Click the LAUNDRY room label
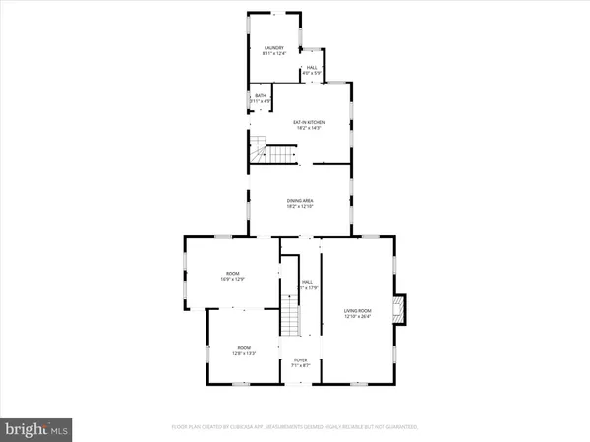(273, 48)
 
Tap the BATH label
(261, 95)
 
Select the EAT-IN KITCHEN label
(309, 122)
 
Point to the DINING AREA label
(300, 200)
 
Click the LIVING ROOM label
(357, 309)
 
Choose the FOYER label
(300, 360)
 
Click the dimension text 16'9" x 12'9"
(233, 280)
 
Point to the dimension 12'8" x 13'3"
(244, 355)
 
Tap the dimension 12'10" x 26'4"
(357, 316)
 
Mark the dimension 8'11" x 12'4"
(273, 54)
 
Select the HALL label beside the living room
(307, 281)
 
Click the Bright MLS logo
(36, 428)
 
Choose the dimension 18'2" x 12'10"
(300, 207)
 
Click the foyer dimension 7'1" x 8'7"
(300, 366)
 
